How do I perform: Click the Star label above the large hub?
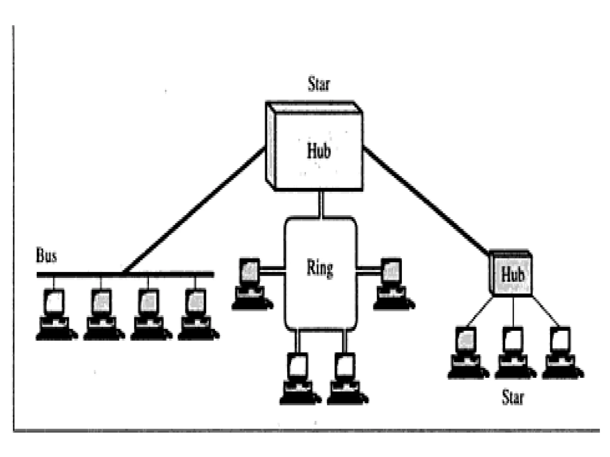319,84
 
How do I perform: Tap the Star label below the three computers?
513,397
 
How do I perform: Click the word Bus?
46,256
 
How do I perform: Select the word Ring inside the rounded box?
320,268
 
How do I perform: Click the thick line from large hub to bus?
194,210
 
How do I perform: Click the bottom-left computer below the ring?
299,379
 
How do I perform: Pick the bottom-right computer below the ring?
346,379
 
